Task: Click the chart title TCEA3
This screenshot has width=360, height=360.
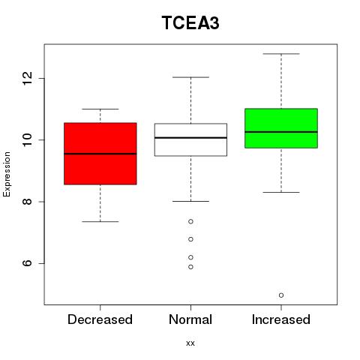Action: click(x=190, y=22)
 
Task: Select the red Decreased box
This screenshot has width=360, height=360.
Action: click(x=100, y=154)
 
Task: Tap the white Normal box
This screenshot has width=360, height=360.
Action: click(x=190, y=139)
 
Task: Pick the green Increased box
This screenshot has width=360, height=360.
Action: click(x=281, y=128)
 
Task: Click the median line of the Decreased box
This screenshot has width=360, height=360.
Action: click(x=100, y=154)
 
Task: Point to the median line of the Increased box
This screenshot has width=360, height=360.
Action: click(x=281, y=132)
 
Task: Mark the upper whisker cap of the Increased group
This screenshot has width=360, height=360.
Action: click(x=281, y=54)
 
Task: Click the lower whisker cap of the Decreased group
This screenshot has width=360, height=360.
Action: click(x=100, y=221)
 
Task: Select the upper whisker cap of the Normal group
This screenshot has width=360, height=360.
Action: click(x=190, y=77)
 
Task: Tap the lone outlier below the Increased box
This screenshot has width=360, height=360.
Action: click(x=281, y=295)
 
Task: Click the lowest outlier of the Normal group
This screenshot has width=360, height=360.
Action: click(x=190, y=267)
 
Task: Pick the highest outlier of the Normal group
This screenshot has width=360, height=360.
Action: click(x=190, y=221)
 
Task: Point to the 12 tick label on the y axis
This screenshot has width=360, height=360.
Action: click(x=28, y=78)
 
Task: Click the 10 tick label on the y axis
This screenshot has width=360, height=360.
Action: click(x=28, y=139)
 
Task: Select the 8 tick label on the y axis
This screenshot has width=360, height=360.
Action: click(x=28, y=202)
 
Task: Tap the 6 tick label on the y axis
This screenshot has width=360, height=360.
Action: click(x=28, y=263)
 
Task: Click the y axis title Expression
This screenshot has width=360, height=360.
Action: click(x=7, y=174)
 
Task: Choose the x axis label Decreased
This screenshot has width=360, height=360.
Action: click(x=100, y=319)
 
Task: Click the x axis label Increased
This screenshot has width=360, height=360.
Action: click(x=281, y=319)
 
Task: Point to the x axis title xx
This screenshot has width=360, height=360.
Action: click(x=190, y=343)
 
